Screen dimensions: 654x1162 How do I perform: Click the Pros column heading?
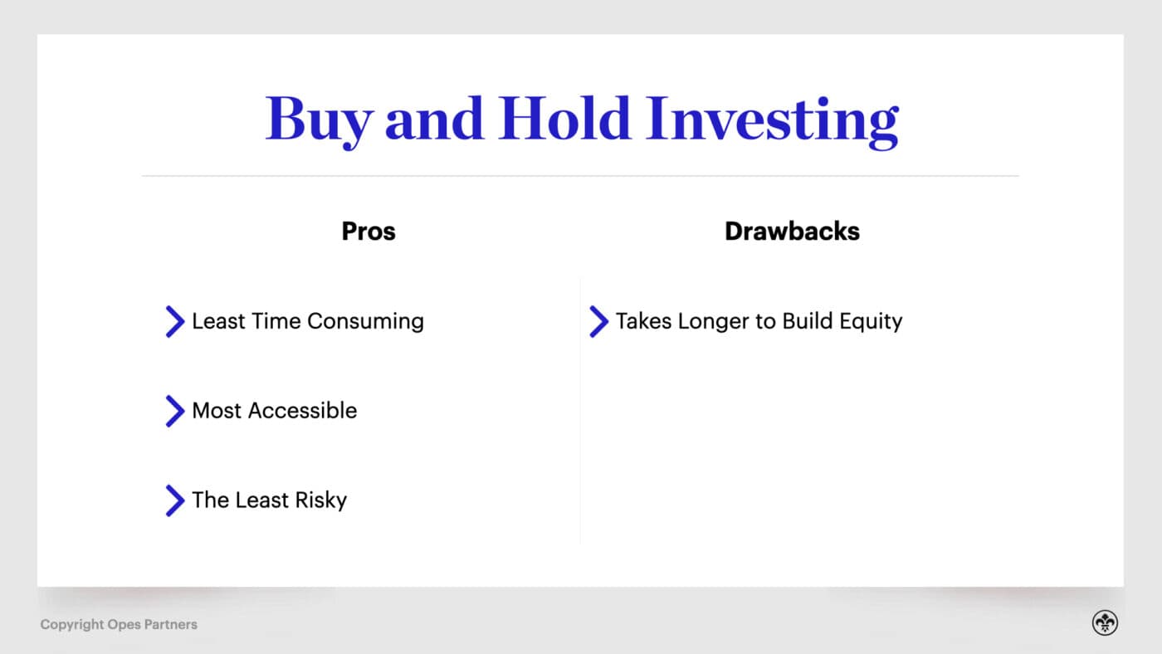[x=369, y=231]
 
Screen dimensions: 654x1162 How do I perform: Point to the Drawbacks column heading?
[x=792, y=231]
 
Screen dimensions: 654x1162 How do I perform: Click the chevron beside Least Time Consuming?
[x=174, y=321]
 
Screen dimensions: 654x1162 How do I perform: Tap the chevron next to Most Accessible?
[x=174, y=411]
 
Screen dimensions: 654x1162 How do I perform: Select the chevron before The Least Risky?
[x=174, y=500]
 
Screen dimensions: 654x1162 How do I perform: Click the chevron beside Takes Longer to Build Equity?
[x=598, y=321]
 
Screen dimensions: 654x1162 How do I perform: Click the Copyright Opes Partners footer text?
[x=119, y=624]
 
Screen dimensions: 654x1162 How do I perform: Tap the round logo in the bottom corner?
[x=1105, y=623]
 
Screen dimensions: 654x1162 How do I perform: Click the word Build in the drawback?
[x=803, y=321]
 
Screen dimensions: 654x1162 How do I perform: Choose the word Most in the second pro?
[x=217, y=411]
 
